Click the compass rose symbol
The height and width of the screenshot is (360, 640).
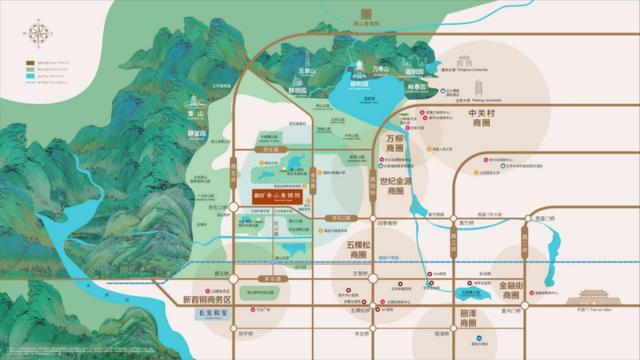[38, 35]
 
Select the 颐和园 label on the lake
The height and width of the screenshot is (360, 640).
[359, 87]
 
